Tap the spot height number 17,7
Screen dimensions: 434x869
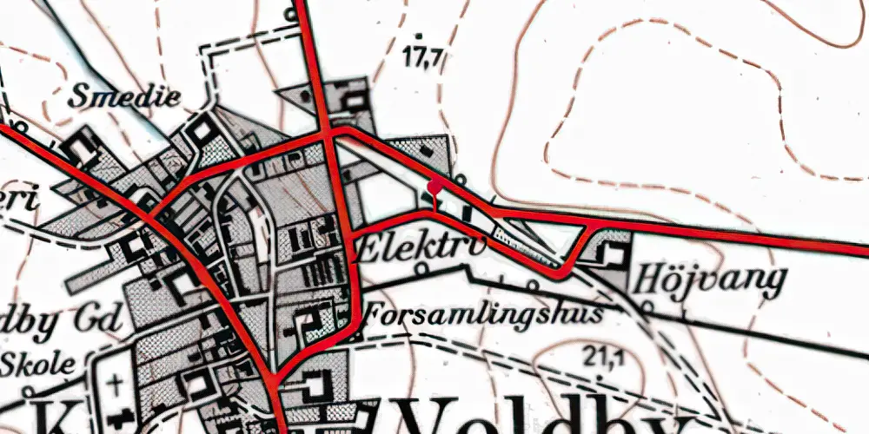pyautogui.click(x=424, y=58)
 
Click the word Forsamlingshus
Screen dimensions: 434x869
pyautogui.click(x=483, y=313)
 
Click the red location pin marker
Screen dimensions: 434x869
pyautogui.click(x=434, y=185)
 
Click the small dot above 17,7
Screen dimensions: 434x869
pyautogui.click(x=420, y=36)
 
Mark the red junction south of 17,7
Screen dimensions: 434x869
pyautogui.click(x=329, y=135)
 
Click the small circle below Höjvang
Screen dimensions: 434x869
pyautogui.click(x=647, y=306)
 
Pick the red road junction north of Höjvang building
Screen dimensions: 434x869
pyautogui.click(x=592, y=223)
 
